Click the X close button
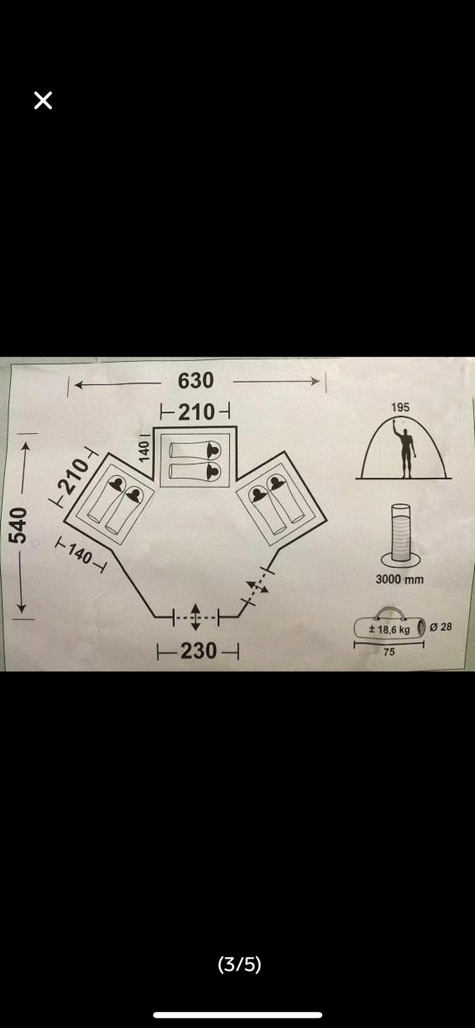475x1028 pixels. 43,100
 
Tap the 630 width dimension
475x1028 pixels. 196,381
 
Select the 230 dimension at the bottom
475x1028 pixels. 198,651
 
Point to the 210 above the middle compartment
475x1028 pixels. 197,412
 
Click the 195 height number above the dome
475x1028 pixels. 400,407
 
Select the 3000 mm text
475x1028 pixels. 400,579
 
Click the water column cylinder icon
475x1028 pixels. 400,535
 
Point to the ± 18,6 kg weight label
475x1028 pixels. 390,629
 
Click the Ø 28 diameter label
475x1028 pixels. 440,626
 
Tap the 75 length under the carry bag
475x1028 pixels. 389,651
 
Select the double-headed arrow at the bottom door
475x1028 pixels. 195,617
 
